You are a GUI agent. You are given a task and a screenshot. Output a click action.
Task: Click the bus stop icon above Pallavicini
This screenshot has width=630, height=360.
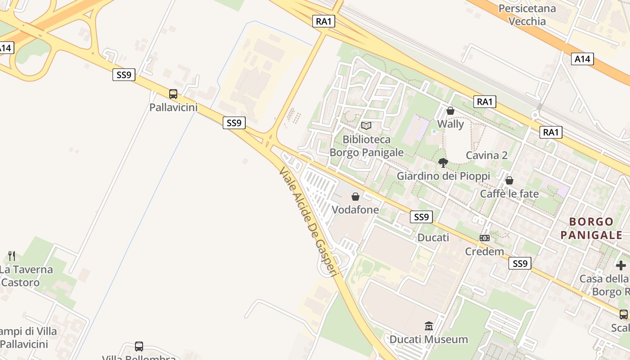click(x=173, y=94)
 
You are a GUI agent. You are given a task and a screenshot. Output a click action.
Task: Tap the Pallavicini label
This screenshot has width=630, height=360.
click(x=174, y=108)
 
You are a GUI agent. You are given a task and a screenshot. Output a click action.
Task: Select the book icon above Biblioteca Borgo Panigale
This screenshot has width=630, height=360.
click(x=366, y=126)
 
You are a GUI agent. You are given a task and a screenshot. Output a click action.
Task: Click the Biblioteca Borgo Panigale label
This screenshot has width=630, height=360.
click(x=366, y=146)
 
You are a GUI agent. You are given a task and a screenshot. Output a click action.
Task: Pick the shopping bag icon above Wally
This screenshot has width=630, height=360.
click(x=450, y=111)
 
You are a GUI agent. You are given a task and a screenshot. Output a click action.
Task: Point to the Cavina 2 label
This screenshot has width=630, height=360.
click(x=486, y=155)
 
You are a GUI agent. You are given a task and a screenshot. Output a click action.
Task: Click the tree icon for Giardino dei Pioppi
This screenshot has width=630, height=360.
click(x=443, y=163)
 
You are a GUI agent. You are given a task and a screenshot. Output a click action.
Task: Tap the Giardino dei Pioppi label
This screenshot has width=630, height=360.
click(x=443, y=176)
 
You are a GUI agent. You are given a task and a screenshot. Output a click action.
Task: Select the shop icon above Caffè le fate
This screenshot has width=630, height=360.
click(x=509, y=180)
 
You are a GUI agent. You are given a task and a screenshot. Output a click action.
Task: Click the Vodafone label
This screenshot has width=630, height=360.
click(x=355, y=210)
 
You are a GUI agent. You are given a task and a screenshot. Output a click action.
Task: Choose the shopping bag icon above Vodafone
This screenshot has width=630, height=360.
click(x=355, y=197)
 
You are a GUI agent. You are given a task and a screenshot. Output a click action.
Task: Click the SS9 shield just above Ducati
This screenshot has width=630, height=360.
click(x=421, y=217)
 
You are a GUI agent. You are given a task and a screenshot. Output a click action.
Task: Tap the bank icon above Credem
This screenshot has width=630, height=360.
click(x=484, y=238)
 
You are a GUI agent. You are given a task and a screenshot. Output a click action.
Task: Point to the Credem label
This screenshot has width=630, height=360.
click(x=484, y=251)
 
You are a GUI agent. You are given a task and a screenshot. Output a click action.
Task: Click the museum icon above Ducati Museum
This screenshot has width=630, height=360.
click(x=428, y=326)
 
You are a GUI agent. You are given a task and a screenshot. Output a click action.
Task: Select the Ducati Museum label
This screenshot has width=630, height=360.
click(x=428, y=339)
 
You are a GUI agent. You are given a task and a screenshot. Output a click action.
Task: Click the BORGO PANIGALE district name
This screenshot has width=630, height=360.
click(x=591, y=228)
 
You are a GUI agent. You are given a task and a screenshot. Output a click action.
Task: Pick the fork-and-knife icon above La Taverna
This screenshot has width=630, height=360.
click(x=12, y=256)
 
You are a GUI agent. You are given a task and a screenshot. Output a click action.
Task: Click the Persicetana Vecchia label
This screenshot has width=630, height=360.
click(x=527, y=14)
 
